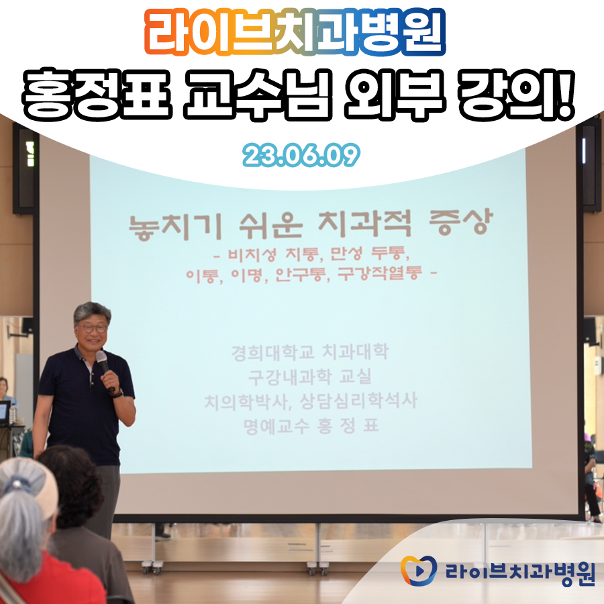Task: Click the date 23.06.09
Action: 301,155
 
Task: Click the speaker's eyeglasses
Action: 93,329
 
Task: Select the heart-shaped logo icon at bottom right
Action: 418,570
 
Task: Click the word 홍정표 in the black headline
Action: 97,95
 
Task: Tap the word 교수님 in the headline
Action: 257,95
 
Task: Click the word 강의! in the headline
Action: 517,95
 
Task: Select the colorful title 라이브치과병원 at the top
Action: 295,32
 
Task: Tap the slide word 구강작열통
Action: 380,274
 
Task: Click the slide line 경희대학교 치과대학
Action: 310,352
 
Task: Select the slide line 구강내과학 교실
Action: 310,376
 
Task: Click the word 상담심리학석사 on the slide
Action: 358,401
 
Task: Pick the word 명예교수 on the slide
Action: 276,426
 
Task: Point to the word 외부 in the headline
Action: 395,95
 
